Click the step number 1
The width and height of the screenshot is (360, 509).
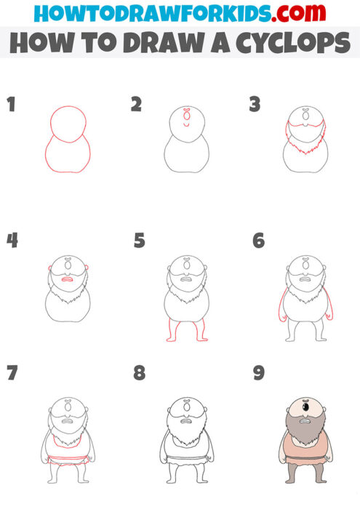pyautogui.click(x=11, y=104)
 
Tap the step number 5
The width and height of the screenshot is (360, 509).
pyautogui.click(x=140, y=240)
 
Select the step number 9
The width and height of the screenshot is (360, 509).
pyautogui.click(x=260, y=374)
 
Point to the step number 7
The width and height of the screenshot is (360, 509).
pyautogui.click(x=11, y=374)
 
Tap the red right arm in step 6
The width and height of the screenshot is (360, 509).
pyautogui.click(x=329, y=305)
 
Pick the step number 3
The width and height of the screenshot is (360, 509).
pyautogui.click(x=255, y=104)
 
